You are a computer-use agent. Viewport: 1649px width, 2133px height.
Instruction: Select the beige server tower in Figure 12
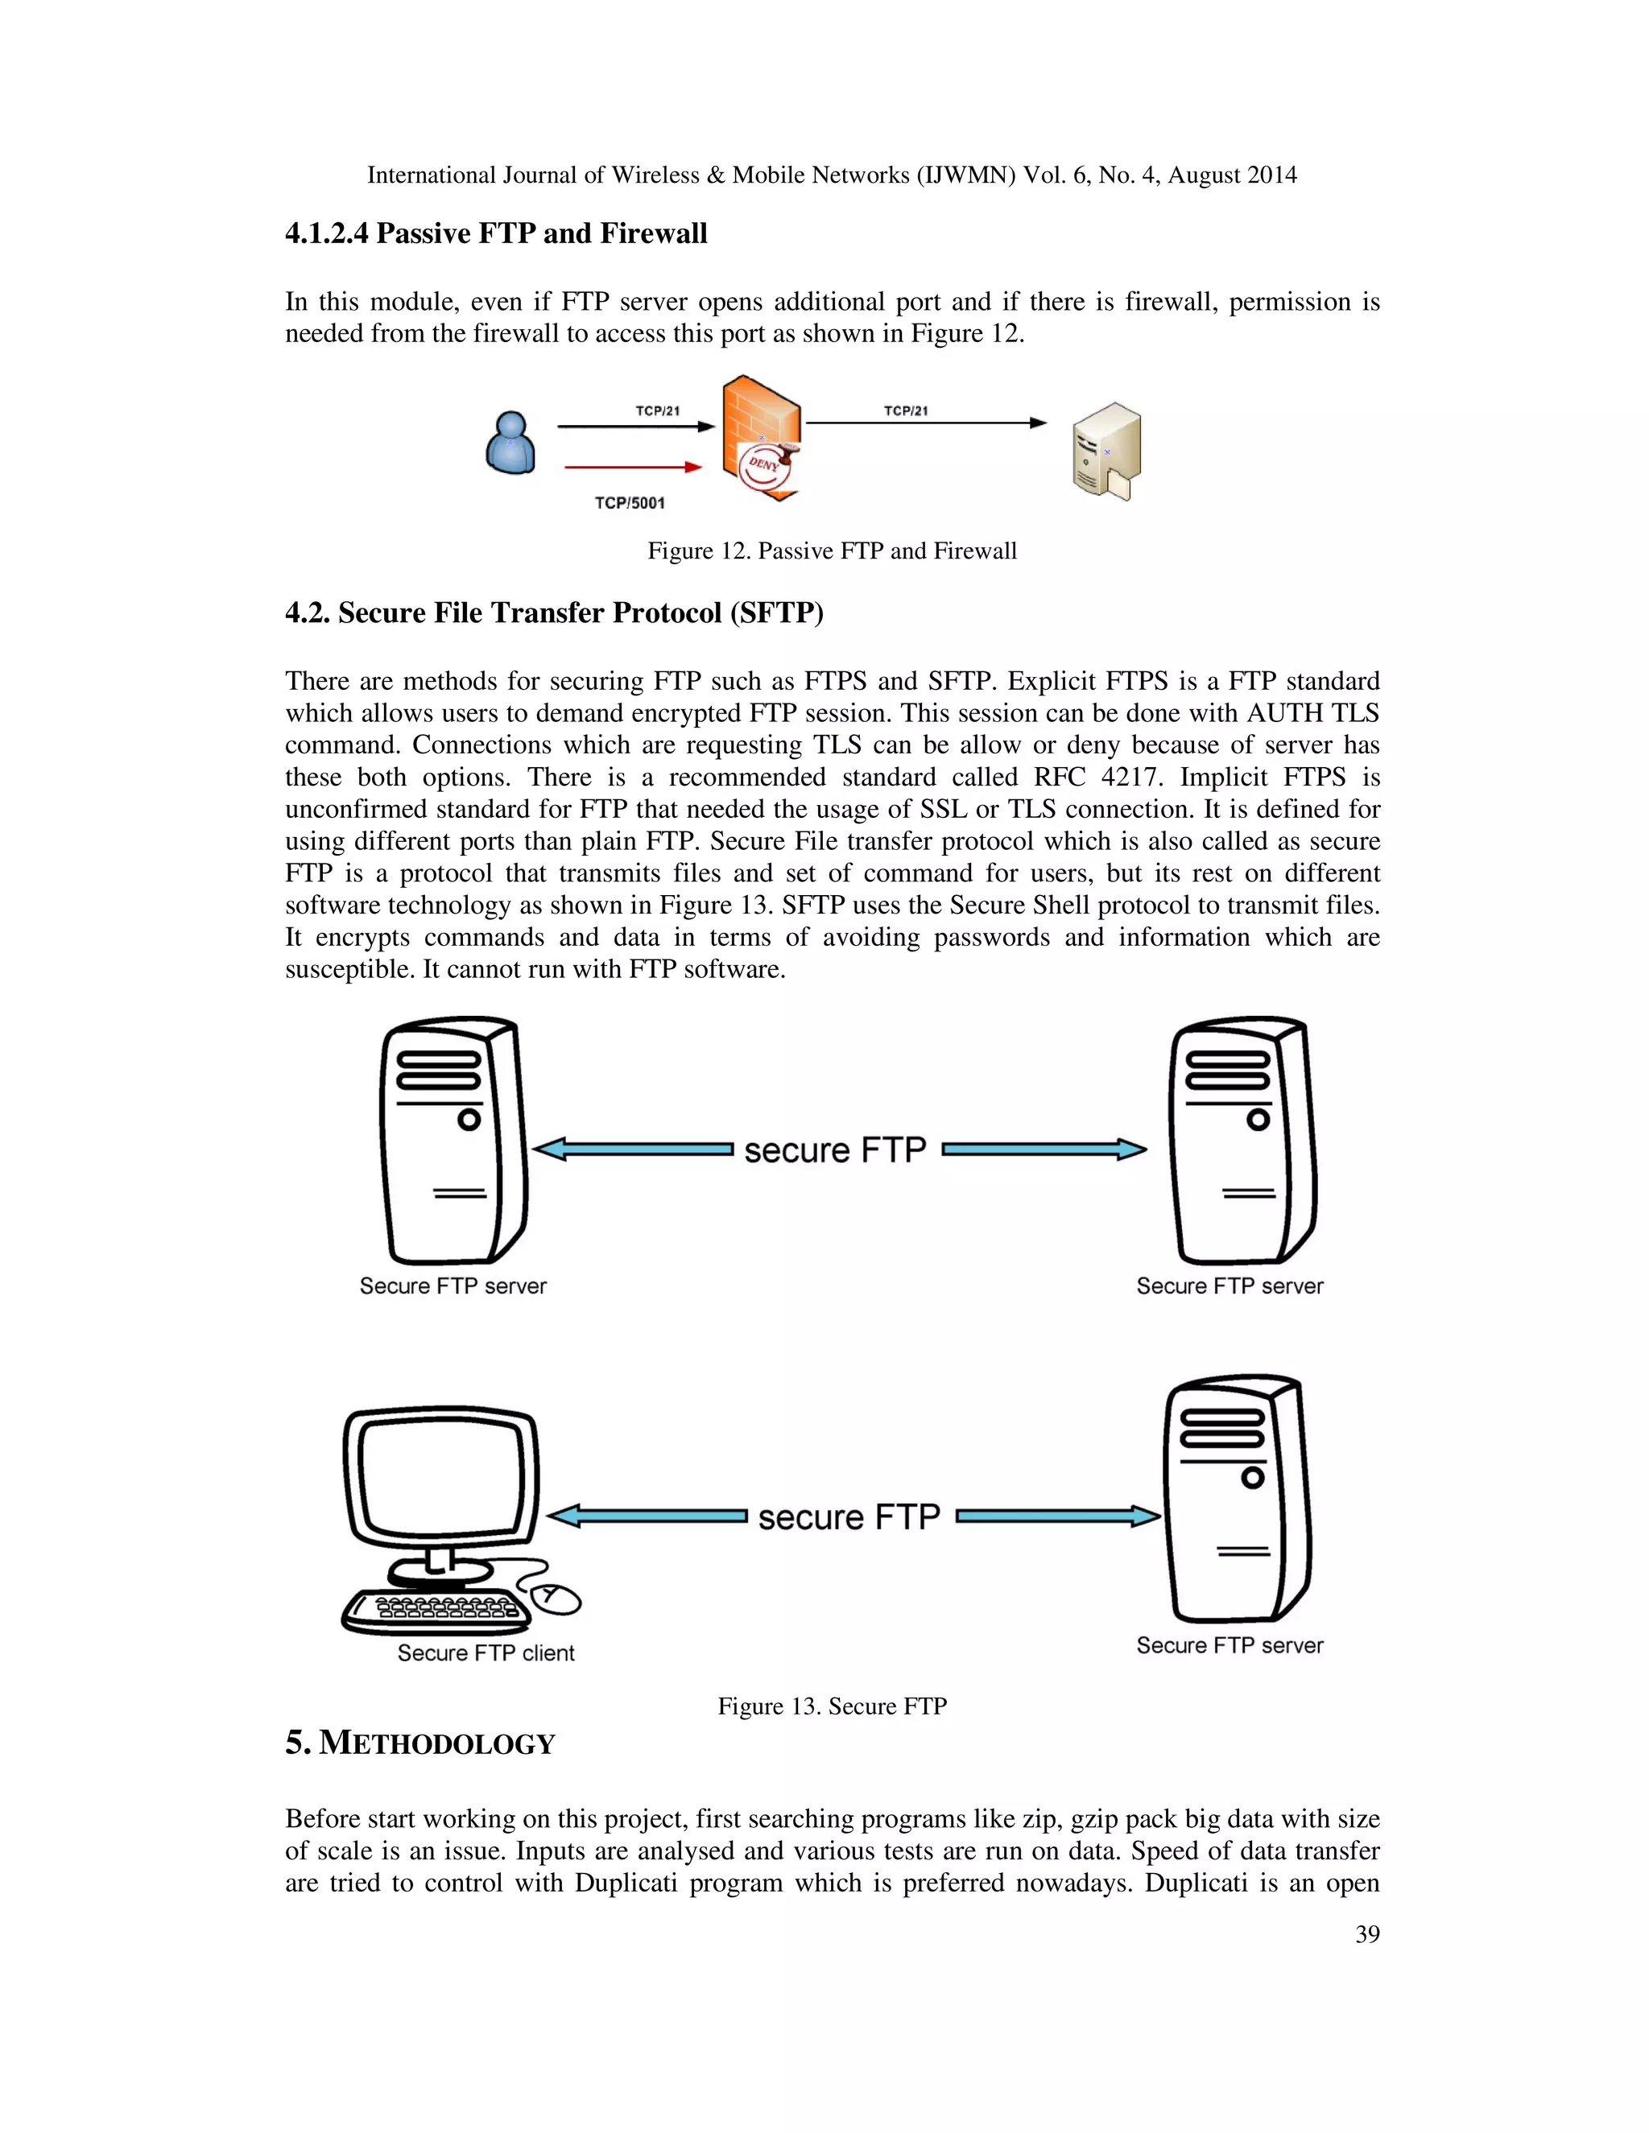1107,452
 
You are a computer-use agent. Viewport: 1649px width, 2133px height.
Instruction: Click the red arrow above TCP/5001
632,467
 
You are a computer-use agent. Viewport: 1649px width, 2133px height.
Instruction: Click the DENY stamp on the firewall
765,465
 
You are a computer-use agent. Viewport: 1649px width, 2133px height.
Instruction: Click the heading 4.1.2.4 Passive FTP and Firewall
495,233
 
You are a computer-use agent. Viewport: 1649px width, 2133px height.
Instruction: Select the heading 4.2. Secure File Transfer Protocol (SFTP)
554,613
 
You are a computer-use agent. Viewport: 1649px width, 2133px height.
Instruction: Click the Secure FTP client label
486,1652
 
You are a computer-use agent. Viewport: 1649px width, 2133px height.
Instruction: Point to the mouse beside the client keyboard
555,1598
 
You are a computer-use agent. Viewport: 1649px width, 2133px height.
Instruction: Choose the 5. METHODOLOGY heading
420,1743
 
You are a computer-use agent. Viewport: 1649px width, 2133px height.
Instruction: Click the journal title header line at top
831,175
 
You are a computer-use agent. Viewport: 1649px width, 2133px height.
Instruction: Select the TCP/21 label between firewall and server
906,411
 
